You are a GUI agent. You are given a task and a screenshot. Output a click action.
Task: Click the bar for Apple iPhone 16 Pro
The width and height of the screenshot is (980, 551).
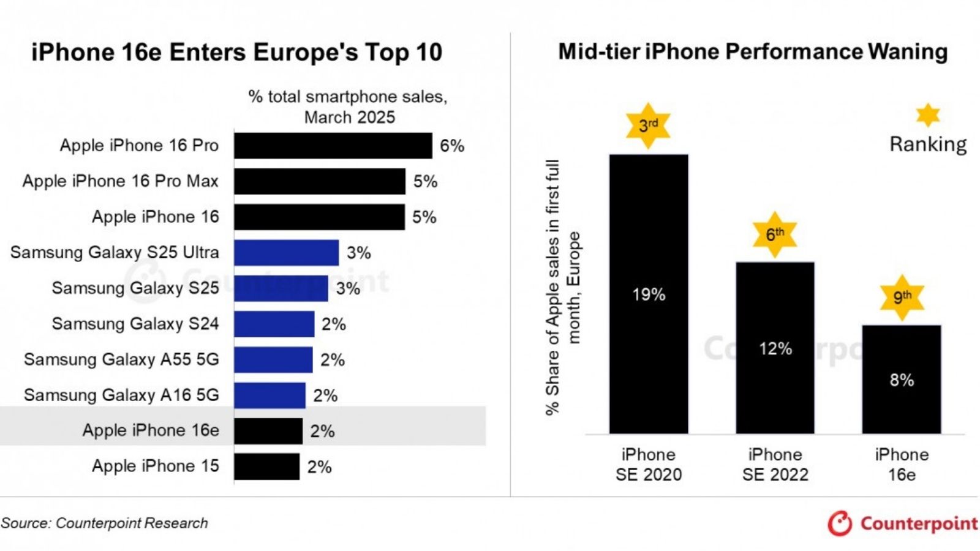[x=333, y=146]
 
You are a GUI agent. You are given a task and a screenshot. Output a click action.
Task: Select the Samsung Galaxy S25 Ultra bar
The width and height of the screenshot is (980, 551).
[x=286, y=252]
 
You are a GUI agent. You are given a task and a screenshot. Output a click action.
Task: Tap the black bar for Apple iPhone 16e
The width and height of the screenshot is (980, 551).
[x=268, y=431]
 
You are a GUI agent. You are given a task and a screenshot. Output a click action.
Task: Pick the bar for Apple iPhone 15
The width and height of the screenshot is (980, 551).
[x=266, y=467]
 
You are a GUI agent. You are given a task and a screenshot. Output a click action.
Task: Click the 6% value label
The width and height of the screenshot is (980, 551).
[x=452, y=146]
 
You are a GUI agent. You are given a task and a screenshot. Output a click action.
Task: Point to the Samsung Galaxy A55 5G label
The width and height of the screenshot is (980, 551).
[x=121, y=359]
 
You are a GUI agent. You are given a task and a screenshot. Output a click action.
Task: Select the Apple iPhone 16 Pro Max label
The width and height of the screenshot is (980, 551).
[x=120, y=181]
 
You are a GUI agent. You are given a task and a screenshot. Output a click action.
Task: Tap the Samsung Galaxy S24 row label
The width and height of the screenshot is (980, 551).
[x=135, y=324]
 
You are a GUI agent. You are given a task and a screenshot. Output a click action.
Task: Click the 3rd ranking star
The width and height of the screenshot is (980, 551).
[x=648, y=126]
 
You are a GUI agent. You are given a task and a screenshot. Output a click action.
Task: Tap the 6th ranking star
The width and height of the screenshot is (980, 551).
[x=775, y=234]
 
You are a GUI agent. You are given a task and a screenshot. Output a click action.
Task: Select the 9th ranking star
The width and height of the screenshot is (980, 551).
[x=902, y=298]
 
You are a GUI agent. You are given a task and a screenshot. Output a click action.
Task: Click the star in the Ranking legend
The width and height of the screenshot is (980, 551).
[x=928, y=115]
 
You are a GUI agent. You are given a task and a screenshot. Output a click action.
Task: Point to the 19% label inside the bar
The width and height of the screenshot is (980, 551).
[x=649, y=294]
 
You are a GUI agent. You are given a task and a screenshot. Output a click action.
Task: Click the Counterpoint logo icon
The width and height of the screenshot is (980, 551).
[x=840, y=523]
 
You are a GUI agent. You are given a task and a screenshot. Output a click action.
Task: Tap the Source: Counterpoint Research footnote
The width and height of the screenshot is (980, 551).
[x=104, y=523]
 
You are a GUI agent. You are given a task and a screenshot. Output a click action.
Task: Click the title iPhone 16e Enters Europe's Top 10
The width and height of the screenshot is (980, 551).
[x=236, y=53]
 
